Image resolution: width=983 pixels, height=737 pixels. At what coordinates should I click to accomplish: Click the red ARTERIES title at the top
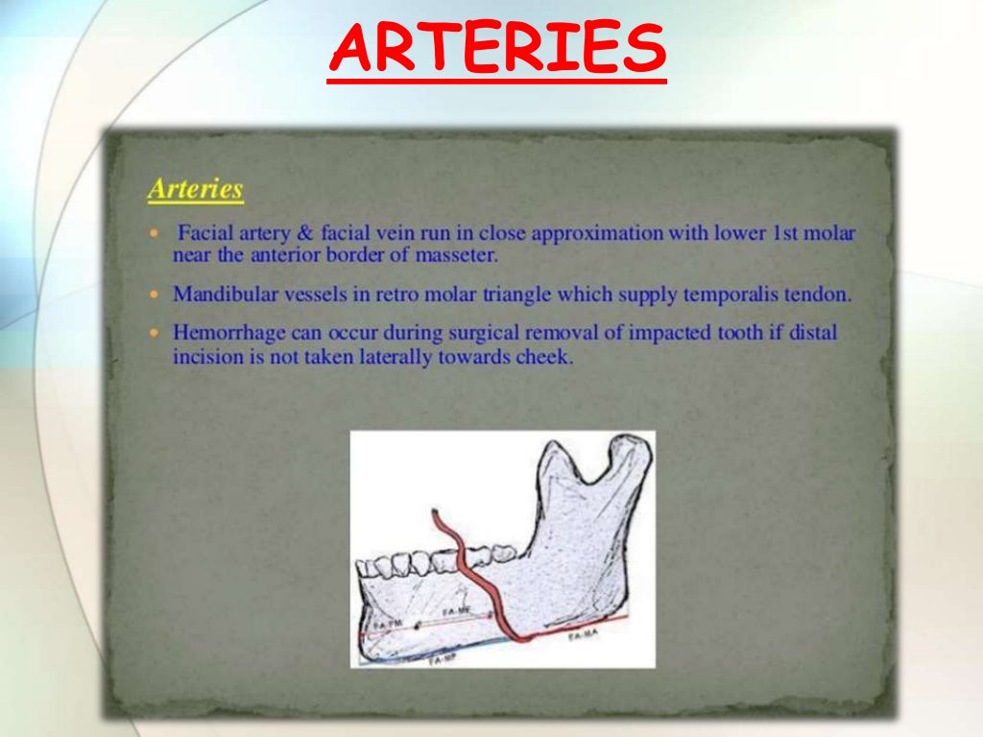(x=496, y=50)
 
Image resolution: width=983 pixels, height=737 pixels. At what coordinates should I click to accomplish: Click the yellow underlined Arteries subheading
(x=195, y=189)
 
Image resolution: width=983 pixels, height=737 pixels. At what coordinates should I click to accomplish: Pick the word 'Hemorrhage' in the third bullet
(x=224, y=333)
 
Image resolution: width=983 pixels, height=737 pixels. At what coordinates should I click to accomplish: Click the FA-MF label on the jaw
(x=457, y=611)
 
